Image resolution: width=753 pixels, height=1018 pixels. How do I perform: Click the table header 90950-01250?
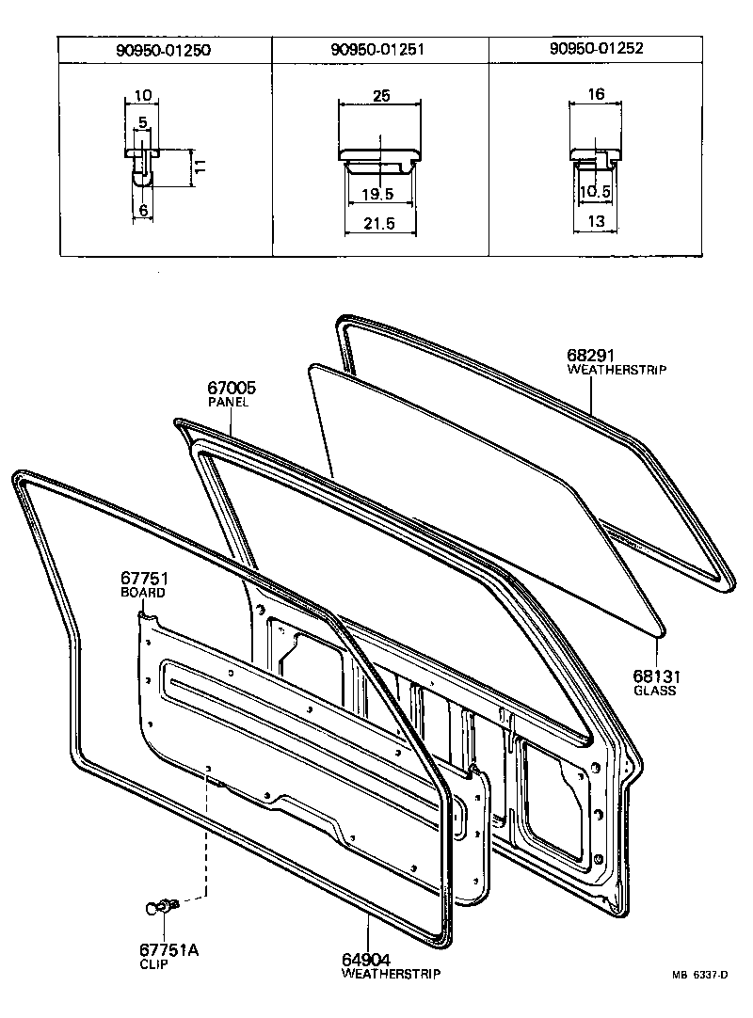click(x=164, y=50)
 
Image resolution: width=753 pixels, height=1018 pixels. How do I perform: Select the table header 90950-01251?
click(x=379, y=50)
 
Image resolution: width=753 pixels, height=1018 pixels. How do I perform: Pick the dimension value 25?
click(x=381, y=96)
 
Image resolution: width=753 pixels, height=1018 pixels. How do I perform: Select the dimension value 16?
click(x=596, y=95)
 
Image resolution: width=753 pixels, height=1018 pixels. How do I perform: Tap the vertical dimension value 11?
click(x=200, y=167)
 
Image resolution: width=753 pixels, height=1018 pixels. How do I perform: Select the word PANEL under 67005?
click(x=228, y=402)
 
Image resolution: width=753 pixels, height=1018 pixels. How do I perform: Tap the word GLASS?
click(x=655, y=690)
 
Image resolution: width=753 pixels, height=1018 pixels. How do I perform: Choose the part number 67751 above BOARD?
click(x=143, y=579)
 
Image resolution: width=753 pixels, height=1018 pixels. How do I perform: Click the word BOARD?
click(x=142, y=593)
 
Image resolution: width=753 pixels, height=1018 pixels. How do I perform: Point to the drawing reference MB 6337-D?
click(x=700, y=976)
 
